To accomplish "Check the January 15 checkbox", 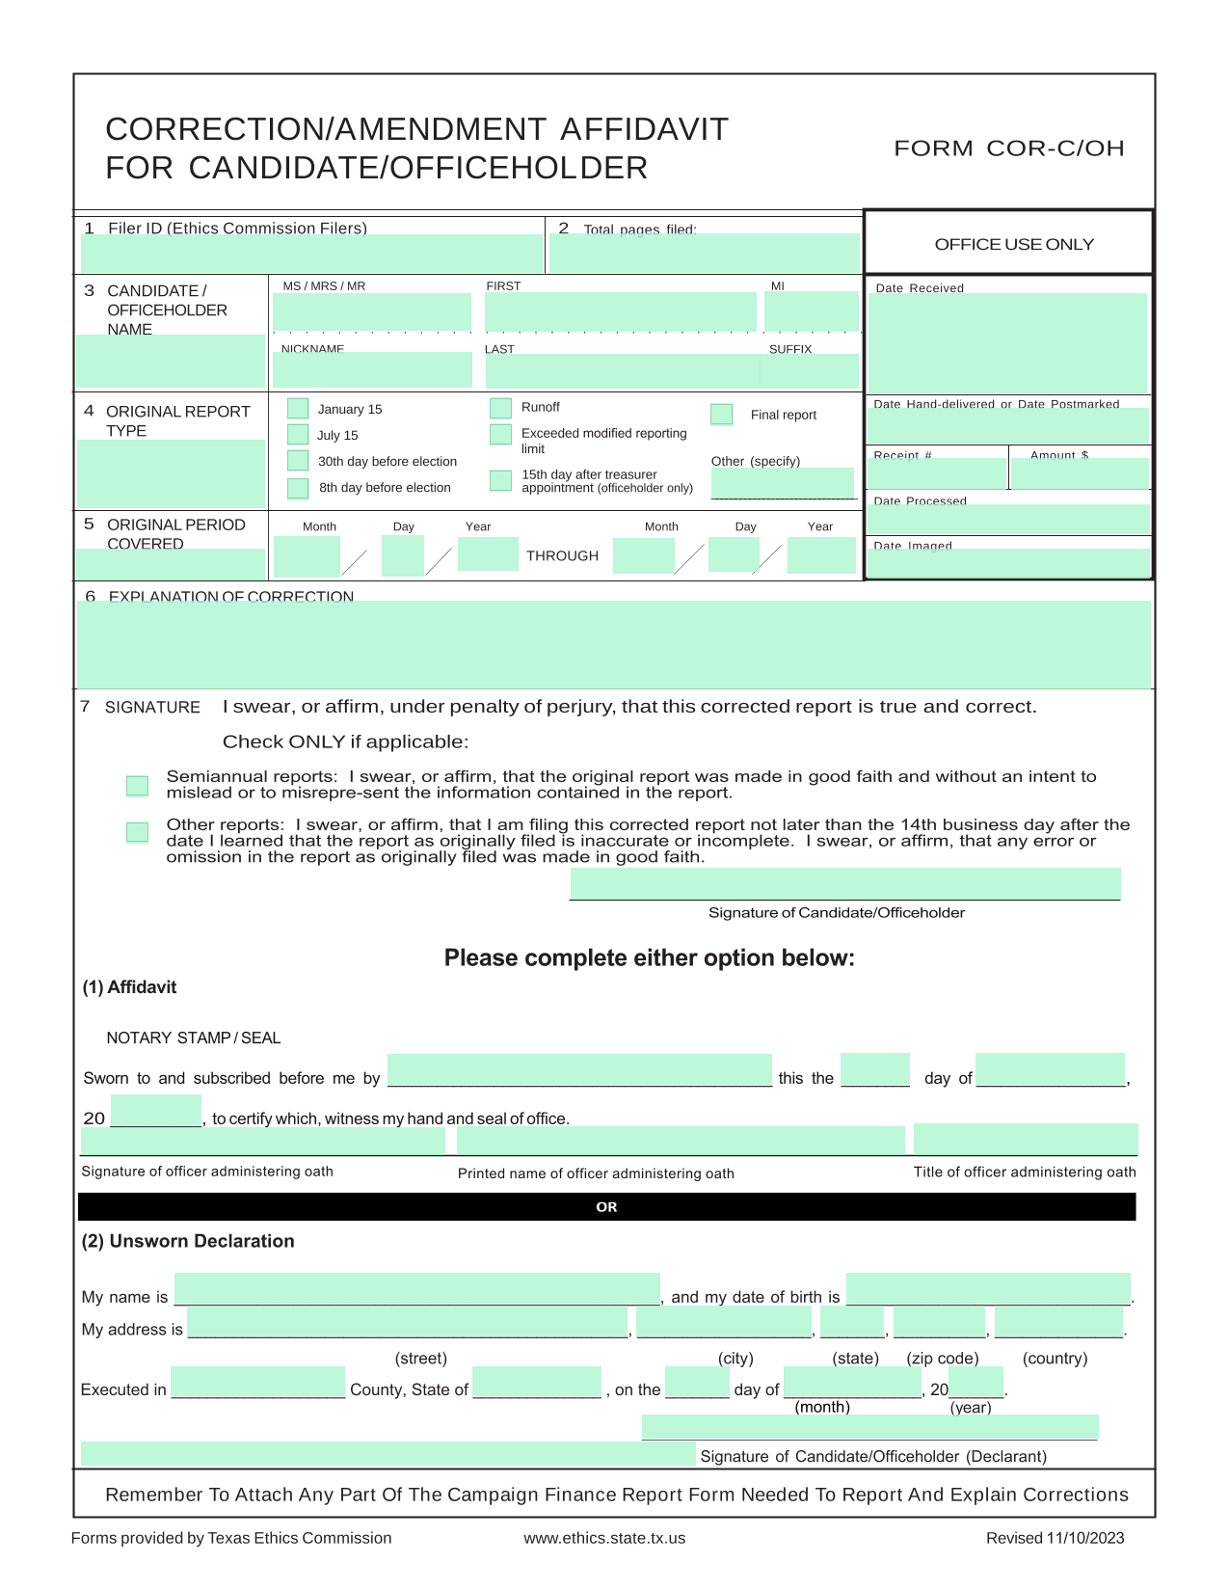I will click(x=298, y=409).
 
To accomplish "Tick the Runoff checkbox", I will click(x=500, y=408).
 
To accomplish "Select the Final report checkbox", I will click(x=721, y=415).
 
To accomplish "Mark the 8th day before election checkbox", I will click(x=298, y=488).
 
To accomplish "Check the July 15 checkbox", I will click(x=298, y=435).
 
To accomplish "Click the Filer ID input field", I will click(x=311, y=254).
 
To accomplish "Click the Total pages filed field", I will click(x=704, y=254).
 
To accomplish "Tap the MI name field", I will click(x=811, y=311).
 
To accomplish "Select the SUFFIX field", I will click(x=810, y=371).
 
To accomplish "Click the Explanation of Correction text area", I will click(x=613, y=644).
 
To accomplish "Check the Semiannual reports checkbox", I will click(x=138, y=786).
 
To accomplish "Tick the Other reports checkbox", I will click(x=138, y=832).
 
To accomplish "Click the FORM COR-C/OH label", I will click(x=1009, y=148).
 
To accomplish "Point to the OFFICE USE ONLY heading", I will click(x=1014, y=245).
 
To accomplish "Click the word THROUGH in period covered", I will click(x=562, y=556).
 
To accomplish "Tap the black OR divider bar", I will click(x=606, y=1207).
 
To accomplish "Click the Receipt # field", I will click(x=936, y=473).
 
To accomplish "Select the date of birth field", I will click(x=988, y=1289).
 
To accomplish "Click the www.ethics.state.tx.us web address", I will click(x=604, y=1538).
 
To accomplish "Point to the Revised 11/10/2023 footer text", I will click(x=1055, y=1538).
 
